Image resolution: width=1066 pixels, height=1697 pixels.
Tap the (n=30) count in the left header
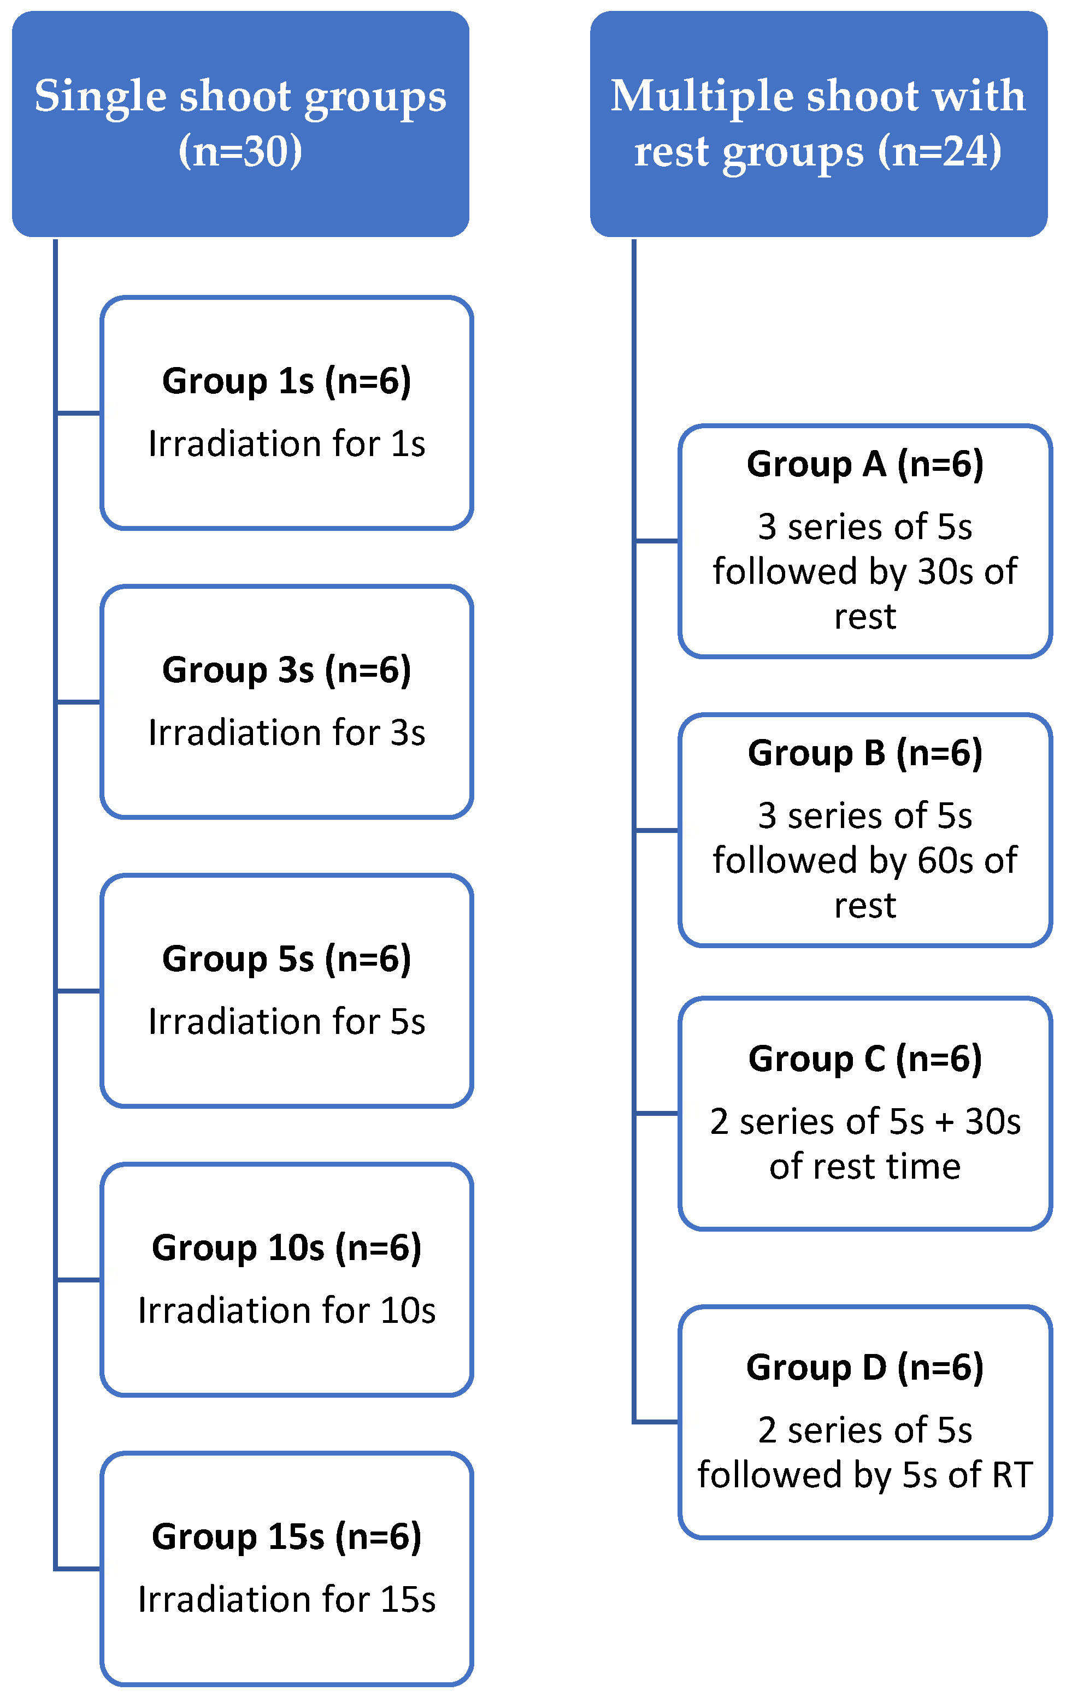(240, 151)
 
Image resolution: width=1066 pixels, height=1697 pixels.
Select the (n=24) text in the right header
(940, 151)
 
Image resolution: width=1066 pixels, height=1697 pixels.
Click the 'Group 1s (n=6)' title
(286, 381)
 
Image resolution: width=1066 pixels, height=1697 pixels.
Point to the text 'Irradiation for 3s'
(286, 732)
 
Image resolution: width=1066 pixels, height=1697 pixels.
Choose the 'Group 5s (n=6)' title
(286, 959)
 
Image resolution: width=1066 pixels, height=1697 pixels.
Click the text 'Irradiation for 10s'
(286, 1310)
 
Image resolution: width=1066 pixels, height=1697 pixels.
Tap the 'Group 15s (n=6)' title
(286, 1537)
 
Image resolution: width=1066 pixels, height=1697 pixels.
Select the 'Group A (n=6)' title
(865, 464)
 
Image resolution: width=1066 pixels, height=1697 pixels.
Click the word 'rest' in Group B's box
(865, 906)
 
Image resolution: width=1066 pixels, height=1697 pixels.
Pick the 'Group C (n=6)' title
(865, 1059)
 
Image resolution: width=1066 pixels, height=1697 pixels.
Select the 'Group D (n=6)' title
(865, 1368)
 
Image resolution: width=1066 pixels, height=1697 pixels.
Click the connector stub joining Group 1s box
(78, 413)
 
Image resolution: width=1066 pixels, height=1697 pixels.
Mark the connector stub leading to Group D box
(656, 1421)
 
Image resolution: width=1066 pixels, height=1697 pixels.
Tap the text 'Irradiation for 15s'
(286, 1599)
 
